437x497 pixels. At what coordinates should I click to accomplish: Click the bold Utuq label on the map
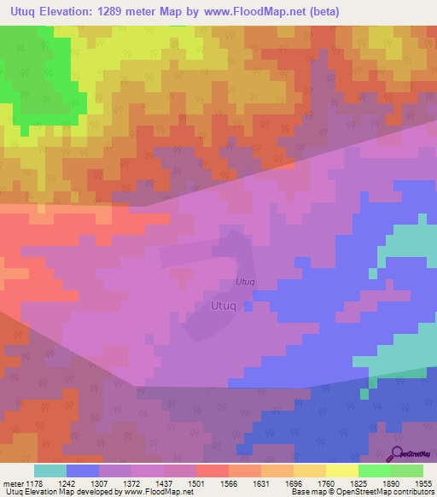click(x=225, y=304)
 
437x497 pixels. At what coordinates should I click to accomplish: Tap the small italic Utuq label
click(x=245, y=282)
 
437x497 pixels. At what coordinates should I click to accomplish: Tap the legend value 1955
click(x=424, y=482)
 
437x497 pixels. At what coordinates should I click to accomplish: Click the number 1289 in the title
click(x=127, y=11)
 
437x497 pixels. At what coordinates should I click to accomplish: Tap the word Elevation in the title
click(x=73, y=11)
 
